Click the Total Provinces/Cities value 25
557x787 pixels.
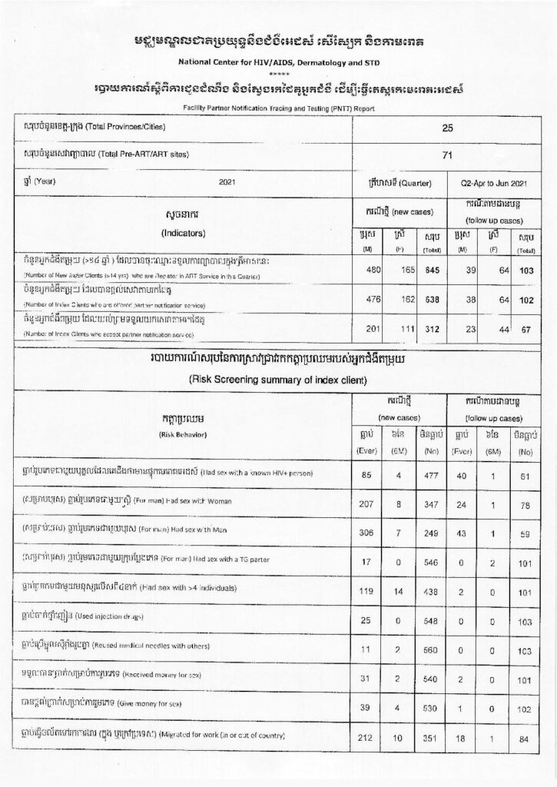tap(447, 128)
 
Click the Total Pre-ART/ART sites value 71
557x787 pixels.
tap(447, 155)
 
